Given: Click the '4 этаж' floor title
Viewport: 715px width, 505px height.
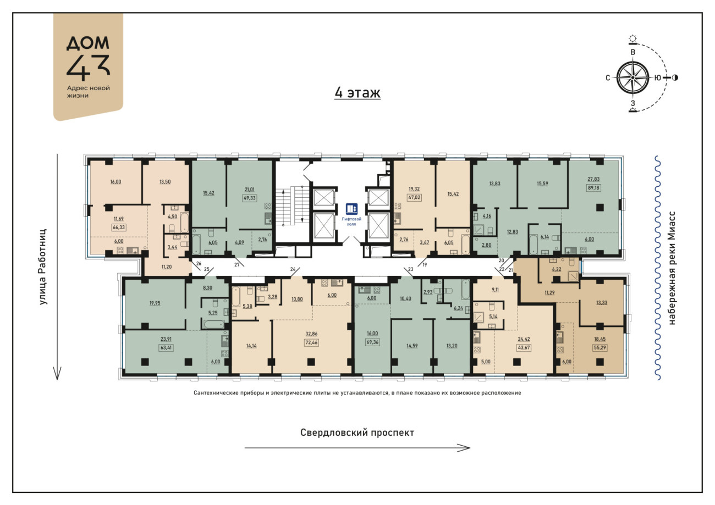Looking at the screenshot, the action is tap(357, 93).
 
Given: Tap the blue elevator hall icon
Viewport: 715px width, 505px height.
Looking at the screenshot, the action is tap(351, 209).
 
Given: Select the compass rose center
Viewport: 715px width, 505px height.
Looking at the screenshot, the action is tap(632, 78).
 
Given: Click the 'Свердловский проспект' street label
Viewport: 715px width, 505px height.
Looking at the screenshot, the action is tap(357, 432).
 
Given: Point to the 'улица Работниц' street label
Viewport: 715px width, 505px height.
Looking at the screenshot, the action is tap(42, 267).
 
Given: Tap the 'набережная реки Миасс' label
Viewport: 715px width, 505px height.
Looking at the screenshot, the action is tap(672, 268).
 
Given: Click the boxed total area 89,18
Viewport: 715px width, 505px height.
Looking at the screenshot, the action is tap(593, 188).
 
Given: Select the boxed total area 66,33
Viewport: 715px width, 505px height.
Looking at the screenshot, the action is tap(118, 227).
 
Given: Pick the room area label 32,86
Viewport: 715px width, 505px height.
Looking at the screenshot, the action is tap(311, 334).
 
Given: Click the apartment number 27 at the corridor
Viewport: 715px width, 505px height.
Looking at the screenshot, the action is tap(237, 265).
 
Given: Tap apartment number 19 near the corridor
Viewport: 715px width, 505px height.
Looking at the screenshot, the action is tap(425, 265).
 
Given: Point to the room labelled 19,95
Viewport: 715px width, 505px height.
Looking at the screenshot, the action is tap(155, 303).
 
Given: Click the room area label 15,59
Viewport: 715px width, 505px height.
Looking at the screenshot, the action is tap(542, 184).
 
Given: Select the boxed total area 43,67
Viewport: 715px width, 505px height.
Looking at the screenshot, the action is tap(524, 347).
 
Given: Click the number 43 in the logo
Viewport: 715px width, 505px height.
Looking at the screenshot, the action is tap(88, 67).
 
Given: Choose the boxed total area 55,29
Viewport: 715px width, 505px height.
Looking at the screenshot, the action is tap(599, 347).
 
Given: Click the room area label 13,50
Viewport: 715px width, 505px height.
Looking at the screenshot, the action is tap(165, 182).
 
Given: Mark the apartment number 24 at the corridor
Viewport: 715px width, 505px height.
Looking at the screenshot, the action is tap(293, 269).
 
